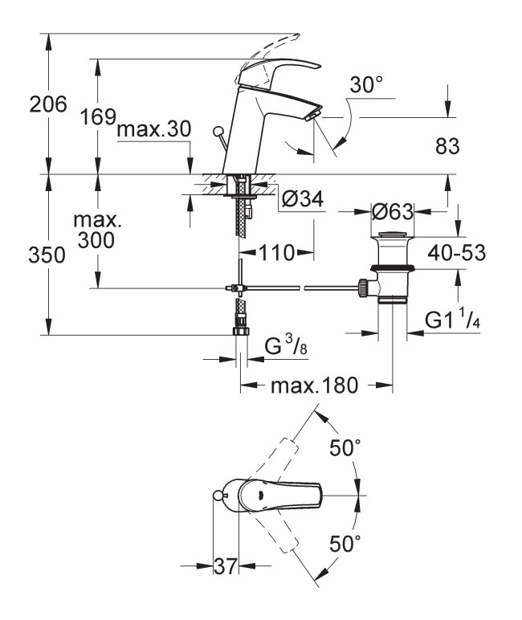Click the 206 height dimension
point(48,104)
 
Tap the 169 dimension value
point(98,117)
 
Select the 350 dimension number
point(47,255)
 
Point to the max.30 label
point(154,129)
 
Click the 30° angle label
point(366,84)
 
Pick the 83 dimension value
point(447,146)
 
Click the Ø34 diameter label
point(303,198)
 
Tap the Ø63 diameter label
point(393,212)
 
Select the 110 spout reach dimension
point(277,253)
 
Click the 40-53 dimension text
point(457,253)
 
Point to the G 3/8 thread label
point(286,345)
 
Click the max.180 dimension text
point(314,385)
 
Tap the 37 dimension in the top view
point(226,566)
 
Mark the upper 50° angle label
point(345,447)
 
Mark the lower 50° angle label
point(345,543)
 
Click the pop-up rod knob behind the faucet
point(218,131)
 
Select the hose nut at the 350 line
point(241,329)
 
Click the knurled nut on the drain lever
point(363,288)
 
